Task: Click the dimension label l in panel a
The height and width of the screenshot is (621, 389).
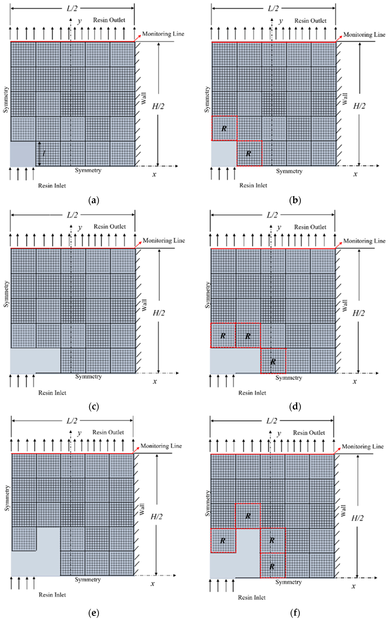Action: click(44, 154)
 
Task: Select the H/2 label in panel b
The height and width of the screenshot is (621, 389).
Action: click(359, 106)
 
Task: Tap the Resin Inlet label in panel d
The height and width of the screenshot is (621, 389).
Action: click(252, 393)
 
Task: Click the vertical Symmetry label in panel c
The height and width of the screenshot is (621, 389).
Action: click(6, 294)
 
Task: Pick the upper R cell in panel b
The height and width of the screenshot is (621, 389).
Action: click(224, 128)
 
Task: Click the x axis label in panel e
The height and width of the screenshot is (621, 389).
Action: click(153, 584)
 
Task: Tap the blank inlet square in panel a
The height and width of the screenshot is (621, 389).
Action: click(23, 154)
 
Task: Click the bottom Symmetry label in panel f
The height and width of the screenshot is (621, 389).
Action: click(288, 582)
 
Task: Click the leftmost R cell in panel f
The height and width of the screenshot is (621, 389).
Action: click(223, 541)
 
